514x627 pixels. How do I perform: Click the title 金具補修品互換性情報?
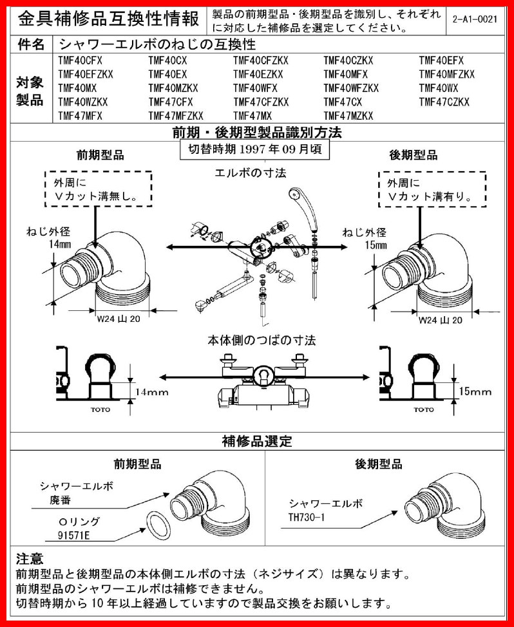[106, 19]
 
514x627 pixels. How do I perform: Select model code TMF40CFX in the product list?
[80, 61]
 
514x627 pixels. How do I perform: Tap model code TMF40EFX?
[441, 61]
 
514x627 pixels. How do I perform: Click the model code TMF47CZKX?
[444, 102]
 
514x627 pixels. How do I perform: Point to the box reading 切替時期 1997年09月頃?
[255, 149]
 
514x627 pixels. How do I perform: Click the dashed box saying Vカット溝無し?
[99, 189]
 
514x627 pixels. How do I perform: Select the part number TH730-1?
[309, 516]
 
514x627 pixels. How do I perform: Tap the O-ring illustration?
[156, 527]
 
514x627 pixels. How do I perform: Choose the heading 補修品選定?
[257, 442]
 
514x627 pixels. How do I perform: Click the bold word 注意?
[30, 558]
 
